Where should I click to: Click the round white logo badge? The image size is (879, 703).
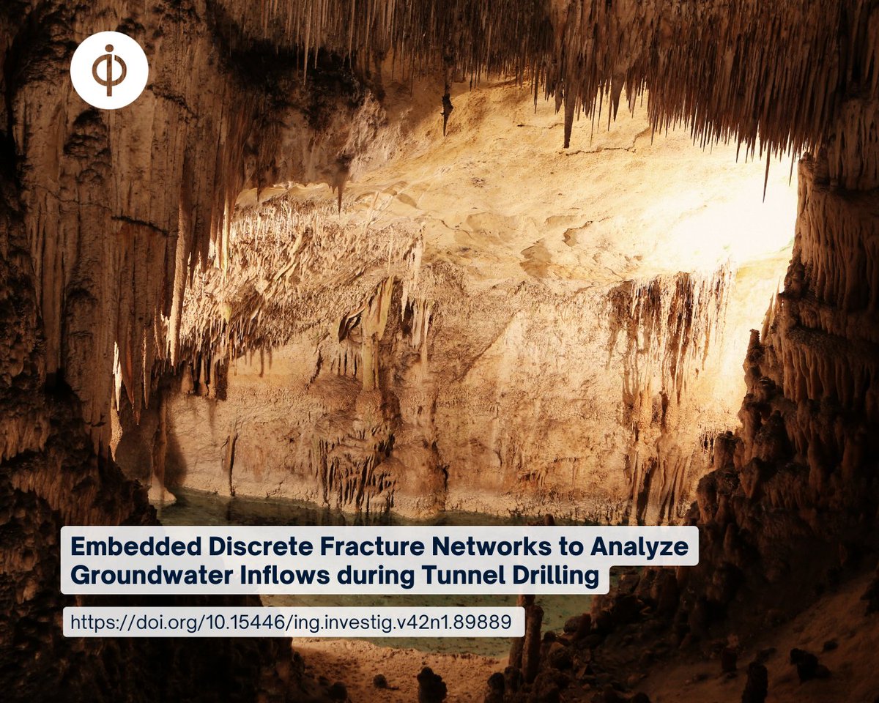[109, 71]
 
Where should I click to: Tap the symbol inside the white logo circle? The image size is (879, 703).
[109, 71]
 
